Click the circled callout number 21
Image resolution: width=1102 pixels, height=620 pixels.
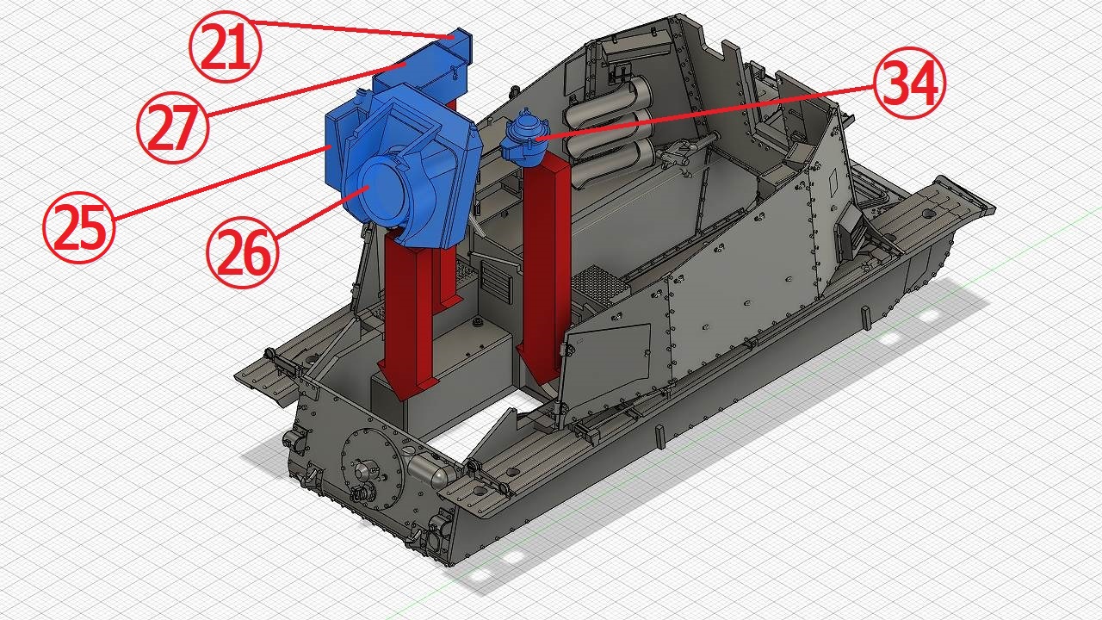226,46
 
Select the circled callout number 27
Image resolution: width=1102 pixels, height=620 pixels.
173,127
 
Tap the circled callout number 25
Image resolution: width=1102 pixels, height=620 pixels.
79,227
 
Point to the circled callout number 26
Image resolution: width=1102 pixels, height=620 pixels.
243,252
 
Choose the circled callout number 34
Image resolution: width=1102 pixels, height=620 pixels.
910,83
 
